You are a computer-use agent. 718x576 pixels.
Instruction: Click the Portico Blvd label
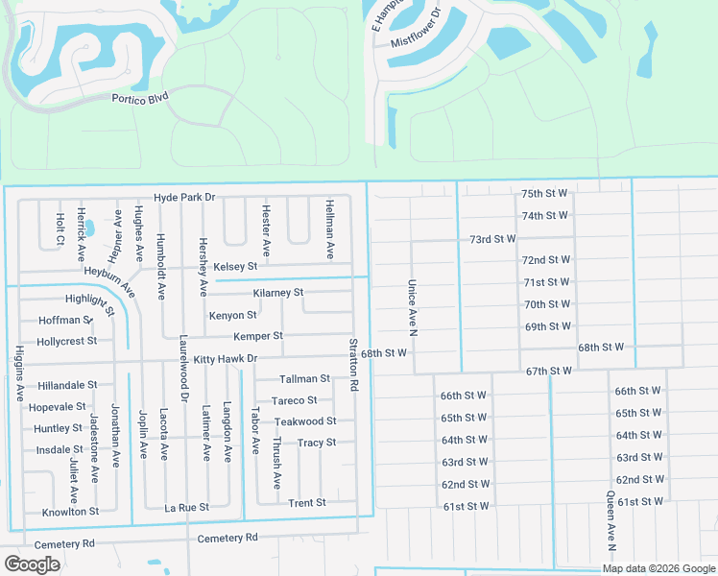coord(141,97)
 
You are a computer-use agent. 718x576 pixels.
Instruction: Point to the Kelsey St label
coord(235,266)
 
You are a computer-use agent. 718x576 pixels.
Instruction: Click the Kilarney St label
coord(278,292)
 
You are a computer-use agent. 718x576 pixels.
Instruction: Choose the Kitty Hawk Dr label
coord(226,359)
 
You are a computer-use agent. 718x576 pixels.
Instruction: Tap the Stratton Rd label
coord(354,363)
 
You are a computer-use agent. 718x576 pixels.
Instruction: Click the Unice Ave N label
coord(414,307)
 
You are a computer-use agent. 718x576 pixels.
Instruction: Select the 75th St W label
coord(545,193)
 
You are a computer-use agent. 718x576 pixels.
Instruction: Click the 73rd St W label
coord(492,238)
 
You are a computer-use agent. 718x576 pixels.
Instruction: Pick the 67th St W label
coord(549,371)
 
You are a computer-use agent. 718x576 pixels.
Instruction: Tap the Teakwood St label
coord(305,421)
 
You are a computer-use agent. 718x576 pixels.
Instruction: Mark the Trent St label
coord(307,502)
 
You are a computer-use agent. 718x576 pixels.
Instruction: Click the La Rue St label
coord(186,507)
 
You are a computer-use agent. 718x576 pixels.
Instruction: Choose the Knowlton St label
coord(70,512)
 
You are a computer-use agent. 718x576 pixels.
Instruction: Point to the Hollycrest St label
coord(66,341)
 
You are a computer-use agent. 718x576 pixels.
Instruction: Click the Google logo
coord(33,564)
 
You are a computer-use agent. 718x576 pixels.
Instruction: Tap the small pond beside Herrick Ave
coord(89,228)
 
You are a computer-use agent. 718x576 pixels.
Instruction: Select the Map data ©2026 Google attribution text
coord(658,568)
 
